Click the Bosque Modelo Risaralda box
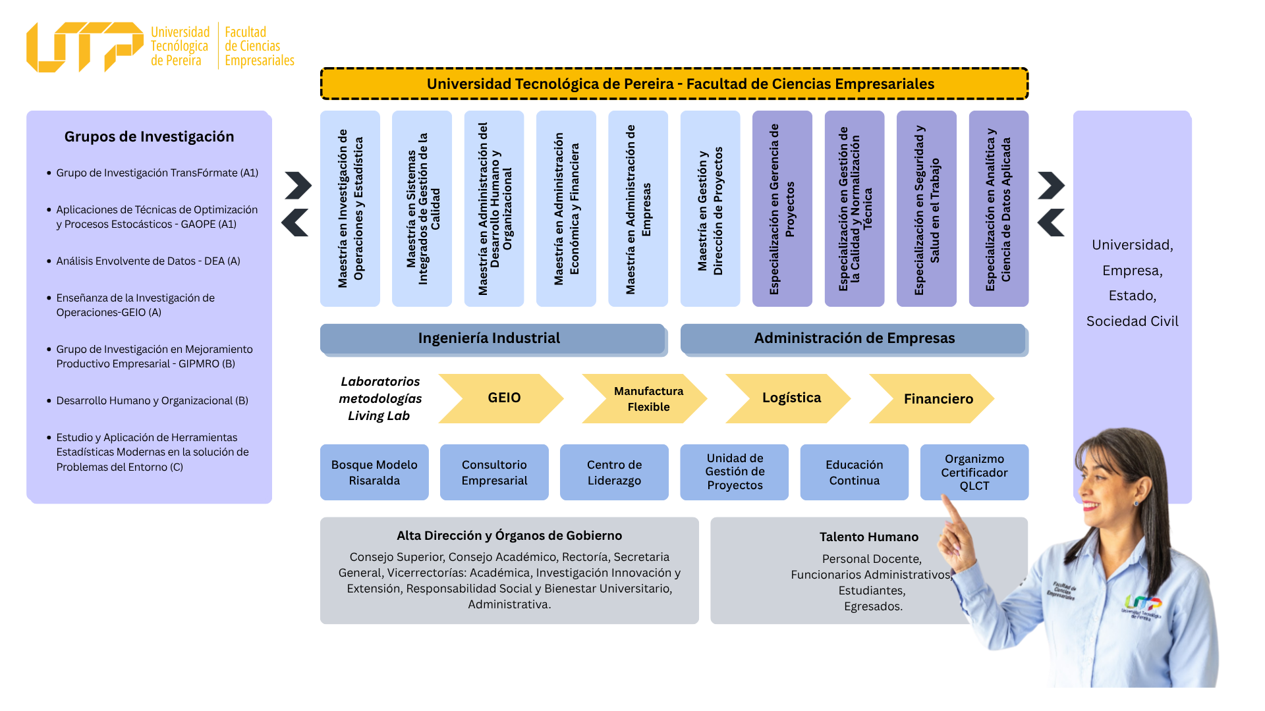[374, 473]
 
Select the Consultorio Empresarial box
[494, 473]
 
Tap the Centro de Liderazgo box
[614, 473]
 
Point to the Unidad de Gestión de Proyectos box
[735, 472]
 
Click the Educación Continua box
[855, 473]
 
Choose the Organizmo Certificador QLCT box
[974, 472]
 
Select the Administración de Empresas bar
[855, 339]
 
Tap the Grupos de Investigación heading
[149, 137]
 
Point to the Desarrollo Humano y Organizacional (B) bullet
[152, 401]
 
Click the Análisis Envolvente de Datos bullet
[148, 261]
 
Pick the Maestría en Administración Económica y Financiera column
[566, 209]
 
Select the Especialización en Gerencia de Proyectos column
[783, 209]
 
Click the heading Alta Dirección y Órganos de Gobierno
[509, 536]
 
